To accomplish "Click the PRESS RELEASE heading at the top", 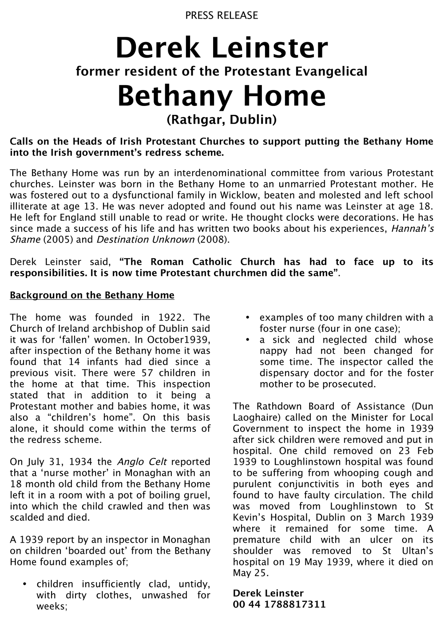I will (222, 16).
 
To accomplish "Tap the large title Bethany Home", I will (222, 95).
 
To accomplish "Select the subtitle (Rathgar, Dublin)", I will (222, 120).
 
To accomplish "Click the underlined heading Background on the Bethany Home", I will (92, 295).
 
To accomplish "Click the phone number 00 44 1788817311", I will (279, 604).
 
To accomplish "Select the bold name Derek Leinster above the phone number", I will (268, 593).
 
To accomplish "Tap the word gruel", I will (196, 495).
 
